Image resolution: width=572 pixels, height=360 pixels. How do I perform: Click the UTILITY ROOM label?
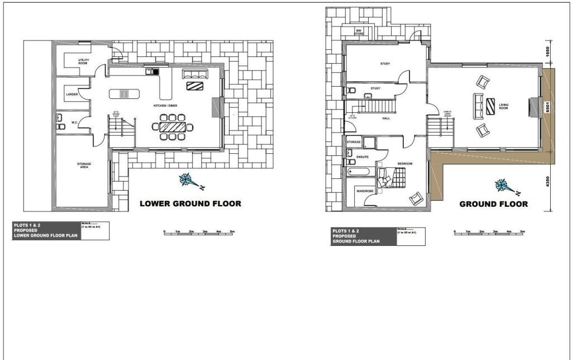coord(83,63)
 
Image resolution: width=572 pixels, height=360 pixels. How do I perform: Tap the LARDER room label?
coord(72,94)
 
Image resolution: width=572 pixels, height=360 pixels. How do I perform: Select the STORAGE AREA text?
coord(84,165)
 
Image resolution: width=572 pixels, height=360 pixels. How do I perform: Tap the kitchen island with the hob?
coord(123,93)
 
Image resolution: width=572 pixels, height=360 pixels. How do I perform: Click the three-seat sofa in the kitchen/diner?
coord(194,74)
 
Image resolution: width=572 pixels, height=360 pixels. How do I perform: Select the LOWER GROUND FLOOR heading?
coord(190,203)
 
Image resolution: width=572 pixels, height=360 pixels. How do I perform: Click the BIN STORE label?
coord(360,32)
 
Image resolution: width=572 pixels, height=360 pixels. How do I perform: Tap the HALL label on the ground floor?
coord(386,119)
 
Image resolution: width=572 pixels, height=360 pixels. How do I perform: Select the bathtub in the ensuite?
coord(358,170)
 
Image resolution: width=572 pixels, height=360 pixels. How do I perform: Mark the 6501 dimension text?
coord(549,107)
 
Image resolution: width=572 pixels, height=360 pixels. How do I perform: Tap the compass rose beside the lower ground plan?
coord(187,180)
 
